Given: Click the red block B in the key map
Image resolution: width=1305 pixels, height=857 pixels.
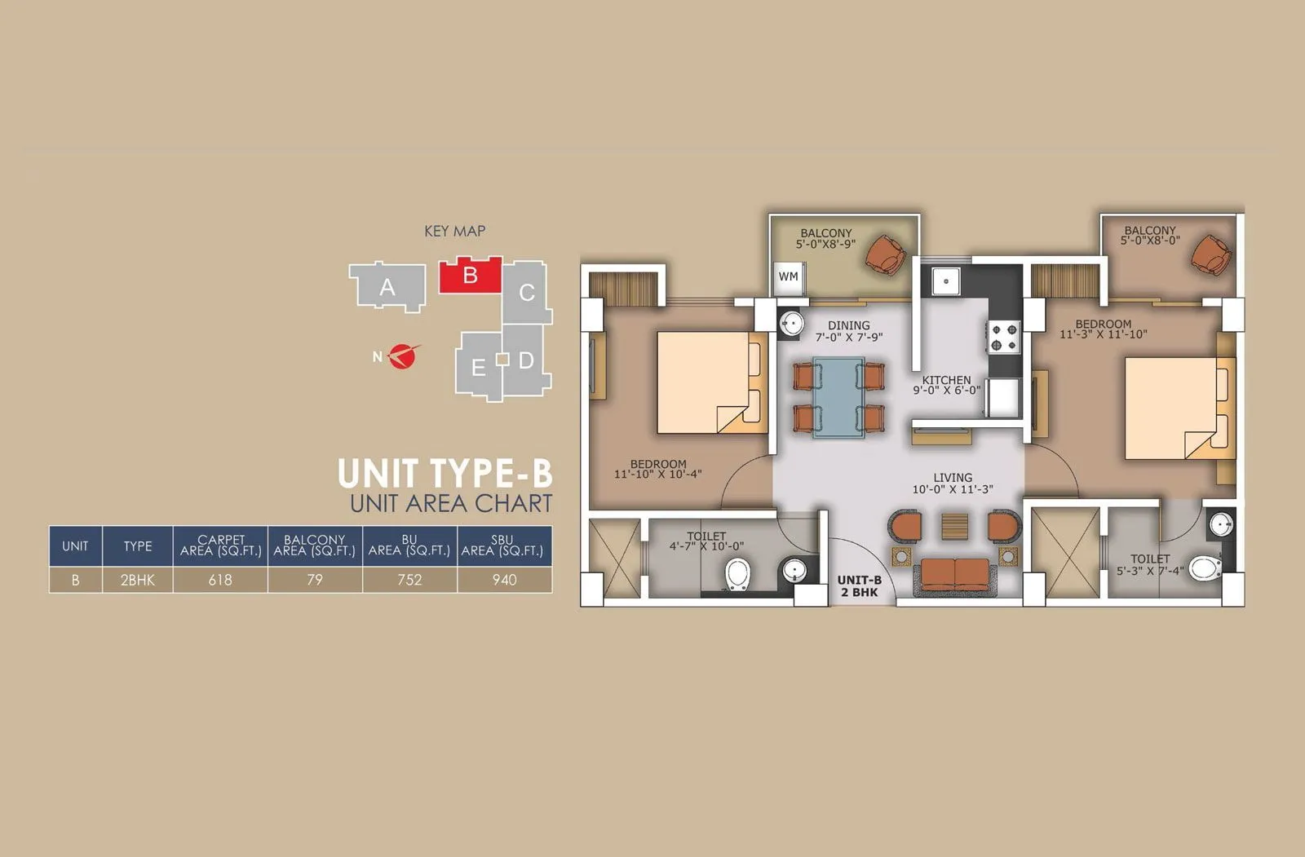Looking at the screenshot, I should (x=470, y=276).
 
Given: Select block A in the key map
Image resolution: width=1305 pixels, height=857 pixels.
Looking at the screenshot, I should (x=387, y=286).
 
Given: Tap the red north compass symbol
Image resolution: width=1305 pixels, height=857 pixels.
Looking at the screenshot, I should (x=400, y=356).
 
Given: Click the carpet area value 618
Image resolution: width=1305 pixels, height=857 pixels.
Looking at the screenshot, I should (x=220, y=580).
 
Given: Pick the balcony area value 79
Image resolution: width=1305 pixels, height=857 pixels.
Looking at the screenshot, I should (x=315, y=580).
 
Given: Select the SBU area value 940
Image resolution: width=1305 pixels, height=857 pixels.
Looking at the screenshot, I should (x=504, y=580).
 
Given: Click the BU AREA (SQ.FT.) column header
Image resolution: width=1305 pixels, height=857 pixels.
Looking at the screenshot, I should (x=409, y=546).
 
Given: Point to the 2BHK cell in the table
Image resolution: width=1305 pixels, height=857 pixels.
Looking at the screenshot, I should (x=137, y=580).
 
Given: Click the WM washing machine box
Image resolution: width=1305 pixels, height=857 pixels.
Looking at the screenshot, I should (x=788, y=277).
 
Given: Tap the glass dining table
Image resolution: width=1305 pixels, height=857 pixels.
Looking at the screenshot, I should (x=838, y=397).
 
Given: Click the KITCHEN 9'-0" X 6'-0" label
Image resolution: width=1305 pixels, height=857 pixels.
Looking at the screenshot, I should (x=946, y=385).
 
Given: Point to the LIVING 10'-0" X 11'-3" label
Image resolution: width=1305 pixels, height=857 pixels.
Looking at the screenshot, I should (x=953, y=484).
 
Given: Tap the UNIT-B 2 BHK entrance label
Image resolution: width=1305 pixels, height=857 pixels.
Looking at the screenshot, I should (x=859, y=586).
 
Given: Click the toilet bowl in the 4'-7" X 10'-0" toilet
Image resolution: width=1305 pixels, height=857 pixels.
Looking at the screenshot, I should (x=737, y=573).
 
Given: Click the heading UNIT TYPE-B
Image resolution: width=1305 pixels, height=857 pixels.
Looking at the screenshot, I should (x=445, y=474).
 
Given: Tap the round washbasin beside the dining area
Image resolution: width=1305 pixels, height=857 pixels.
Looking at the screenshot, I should (x=790, y=321).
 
